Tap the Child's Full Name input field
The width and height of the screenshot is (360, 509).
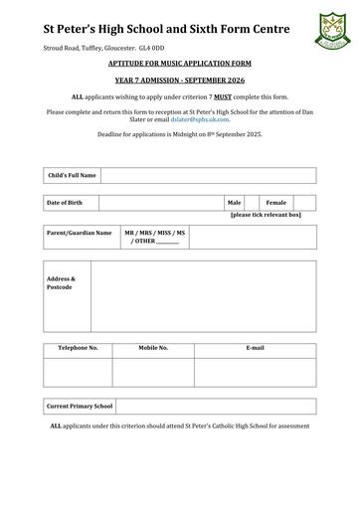[x=208, y=175]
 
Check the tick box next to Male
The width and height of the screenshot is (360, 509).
[x=252, y=203]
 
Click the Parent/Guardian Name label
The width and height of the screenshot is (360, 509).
[x=80, y=233]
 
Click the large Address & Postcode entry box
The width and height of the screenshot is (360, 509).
[x=204, y=295]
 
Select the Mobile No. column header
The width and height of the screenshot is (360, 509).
[x=153, y=348]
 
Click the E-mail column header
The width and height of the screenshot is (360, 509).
[x=255, y=348]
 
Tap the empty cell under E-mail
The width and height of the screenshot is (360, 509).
[x=255, y=371]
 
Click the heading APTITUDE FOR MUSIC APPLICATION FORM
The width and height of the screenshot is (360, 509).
[x=180, y=62]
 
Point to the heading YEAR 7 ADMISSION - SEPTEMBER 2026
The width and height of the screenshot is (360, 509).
[x=180, y=82]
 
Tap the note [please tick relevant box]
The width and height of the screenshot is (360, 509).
[x=266, y=215]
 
